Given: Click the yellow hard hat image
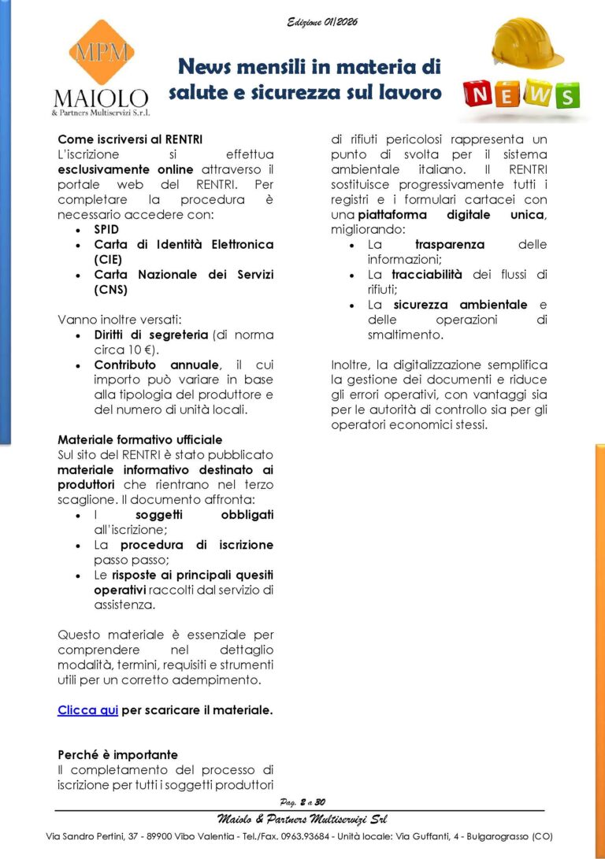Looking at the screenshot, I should click(527, 43).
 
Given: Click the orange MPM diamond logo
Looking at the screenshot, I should click(101, 53).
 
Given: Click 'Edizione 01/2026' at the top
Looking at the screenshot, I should click(322, 22).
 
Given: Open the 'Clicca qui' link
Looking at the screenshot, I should click(87, 710).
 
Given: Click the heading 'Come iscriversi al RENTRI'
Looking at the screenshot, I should click(119, 139).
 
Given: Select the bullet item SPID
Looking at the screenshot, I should click(106, 229).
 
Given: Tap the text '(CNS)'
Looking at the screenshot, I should click(111, 289).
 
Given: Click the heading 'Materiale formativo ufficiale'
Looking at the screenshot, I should click(140, 439).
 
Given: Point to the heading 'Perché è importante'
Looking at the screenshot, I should click(117, 754).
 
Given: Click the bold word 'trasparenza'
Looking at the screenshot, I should click(450, 245).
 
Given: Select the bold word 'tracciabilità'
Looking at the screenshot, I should click(427, 275).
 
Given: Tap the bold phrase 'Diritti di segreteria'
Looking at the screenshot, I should click(151, 335).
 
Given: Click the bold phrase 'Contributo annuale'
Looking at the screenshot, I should click(157, 365).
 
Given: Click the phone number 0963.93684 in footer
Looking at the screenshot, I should click(307, 836).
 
